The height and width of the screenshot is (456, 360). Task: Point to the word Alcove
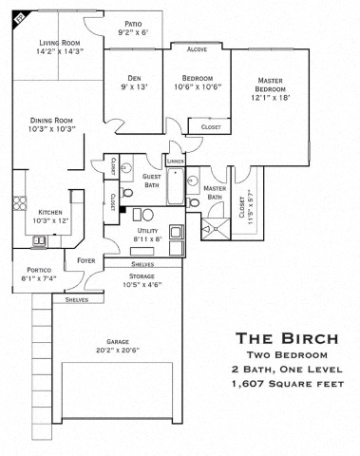click(198, 49)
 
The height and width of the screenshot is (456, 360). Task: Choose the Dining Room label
click(53, 124)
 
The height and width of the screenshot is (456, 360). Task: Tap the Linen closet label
click(175, 161)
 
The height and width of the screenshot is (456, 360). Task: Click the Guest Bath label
click(152, 180)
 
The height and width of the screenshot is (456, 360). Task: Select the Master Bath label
click(216, 191)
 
